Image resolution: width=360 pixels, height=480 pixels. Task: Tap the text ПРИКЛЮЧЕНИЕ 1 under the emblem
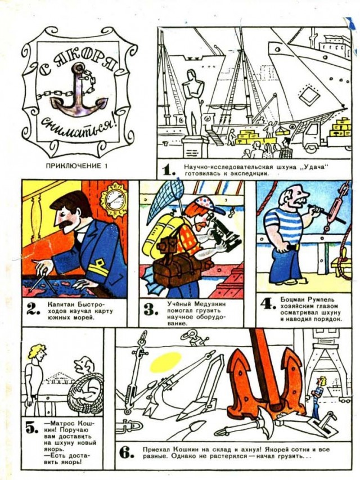tap(77, 166)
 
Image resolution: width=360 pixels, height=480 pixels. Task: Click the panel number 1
tap(169, 169)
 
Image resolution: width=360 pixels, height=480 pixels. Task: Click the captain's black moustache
tap(65, 225)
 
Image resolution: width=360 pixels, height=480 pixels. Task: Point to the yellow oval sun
tap(166, 362)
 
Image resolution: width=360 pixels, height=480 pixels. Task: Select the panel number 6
tap(126, 452)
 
